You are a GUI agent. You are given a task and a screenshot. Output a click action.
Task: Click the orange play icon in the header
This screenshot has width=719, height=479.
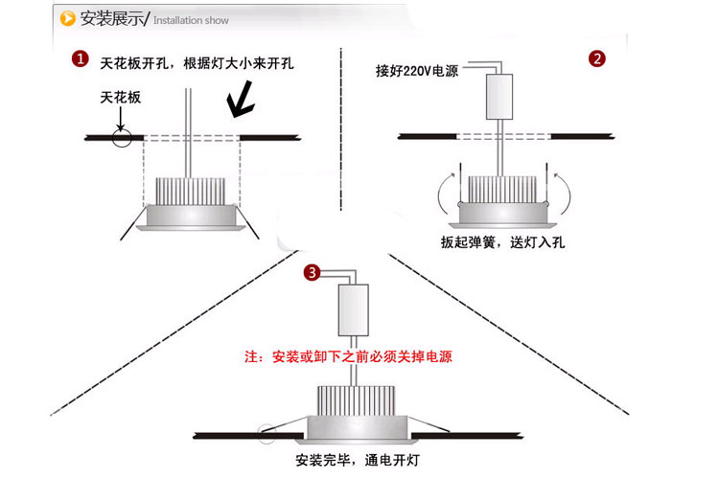click(x=67, y=18)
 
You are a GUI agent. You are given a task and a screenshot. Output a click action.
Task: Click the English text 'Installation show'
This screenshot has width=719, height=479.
click(x=191, y=19)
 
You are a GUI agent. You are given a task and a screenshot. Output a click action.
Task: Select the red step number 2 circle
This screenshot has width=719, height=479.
click(x=596, y=59)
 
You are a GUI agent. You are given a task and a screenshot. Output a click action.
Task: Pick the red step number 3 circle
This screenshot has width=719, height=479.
click(x=312, y=273)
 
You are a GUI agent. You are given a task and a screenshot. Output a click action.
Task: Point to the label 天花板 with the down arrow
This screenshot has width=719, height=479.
click(x=120, y=99)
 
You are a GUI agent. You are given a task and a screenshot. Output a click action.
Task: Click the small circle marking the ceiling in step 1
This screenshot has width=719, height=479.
click(x=121, y=139)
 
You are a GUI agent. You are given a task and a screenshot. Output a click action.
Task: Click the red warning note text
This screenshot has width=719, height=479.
click(x=349, y=357)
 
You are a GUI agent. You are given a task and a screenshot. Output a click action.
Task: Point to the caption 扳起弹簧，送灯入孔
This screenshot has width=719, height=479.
click(x=499, y=243)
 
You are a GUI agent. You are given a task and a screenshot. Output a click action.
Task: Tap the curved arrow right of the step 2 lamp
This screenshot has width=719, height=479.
click(x=566, y=195)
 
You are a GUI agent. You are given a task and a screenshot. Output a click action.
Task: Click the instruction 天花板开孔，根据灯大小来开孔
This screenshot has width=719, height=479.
click(x=197, y=63)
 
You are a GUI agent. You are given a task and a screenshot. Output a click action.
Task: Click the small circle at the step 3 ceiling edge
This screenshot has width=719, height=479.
click(x=266, y=433)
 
